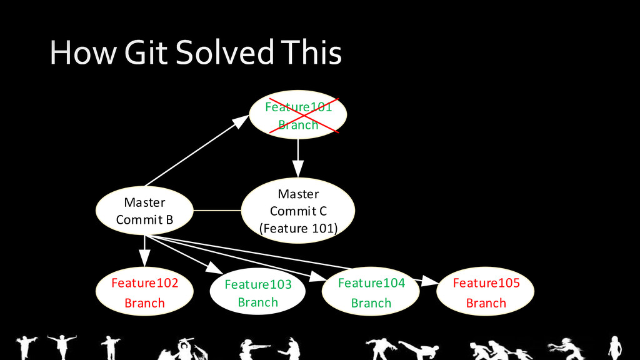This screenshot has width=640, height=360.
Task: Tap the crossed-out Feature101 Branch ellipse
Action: click(x=297, y=116)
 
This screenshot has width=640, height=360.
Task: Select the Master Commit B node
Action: click(x=144, y=211)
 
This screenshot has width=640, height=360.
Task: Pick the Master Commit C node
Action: click(x=298, y=211)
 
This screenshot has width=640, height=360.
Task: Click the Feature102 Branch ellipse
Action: click(x=144, y=292)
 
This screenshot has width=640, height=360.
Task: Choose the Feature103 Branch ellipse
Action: click(x=257, y=293)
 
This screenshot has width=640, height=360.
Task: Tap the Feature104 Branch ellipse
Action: click(x=371, y=292)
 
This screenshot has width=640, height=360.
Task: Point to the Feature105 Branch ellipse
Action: click(x=486, y=292)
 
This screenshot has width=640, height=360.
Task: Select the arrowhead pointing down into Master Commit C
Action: click(x=298, y=169)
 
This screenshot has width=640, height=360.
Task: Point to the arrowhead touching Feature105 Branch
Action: click(x=429, y=282)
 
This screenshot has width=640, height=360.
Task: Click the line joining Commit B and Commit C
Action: click(x=217, y=211)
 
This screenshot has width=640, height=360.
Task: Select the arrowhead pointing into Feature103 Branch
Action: click(x=215, y=269)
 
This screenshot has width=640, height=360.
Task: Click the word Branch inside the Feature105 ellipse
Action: click(x=486, y=303)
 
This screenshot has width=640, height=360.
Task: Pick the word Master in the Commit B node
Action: click(x=144, y=202)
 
